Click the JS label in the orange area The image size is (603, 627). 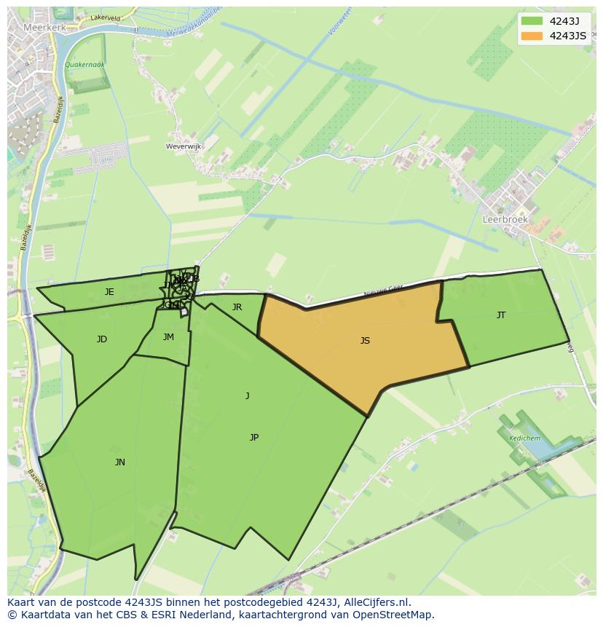click(x=365, y=340)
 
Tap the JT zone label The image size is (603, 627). click(x=501, y=315)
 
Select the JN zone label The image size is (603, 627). click(x=119, y=462)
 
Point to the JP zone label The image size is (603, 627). click(x=254, y=437)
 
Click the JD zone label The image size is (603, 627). click(x=102, y=339)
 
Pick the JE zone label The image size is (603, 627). click(x=109, y=292)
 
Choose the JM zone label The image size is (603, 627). click(x=168, y=337)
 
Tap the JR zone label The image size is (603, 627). click(x=237, y=307)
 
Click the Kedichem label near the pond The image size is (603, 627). click(x=525, y=438)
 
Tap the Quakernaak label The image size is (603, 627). click(x=84, y=65)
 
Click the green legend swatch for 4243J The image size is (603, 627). click(x=532, y=21)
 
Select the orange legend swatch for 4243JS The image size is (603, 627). click(x=532, y=36)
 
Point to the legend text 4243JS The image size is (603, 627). click(x=568, y=36)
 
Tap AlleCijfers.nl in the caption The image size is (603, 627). click(x=379, y=602)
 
